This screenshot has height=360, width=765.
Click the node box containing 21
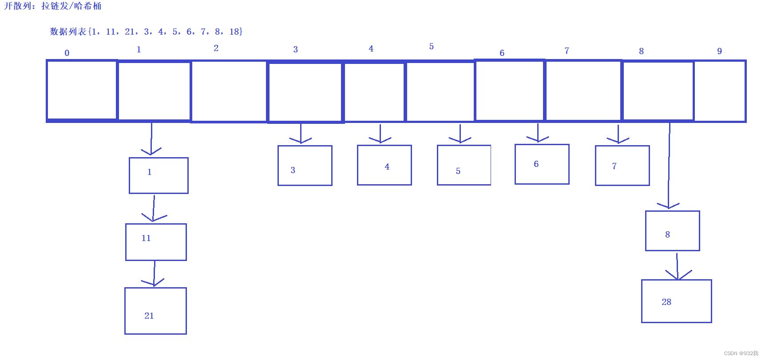[155, 311]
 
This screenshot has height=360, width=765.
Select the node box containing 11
[156, 242]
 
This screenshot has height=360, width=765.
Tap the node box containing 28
[676, 301]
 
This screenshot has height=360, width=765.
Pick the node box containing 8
[672, 231]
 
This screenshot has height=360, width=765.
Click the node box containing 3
[305, 166]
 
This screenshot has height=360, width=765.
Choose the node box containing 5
[464, 165]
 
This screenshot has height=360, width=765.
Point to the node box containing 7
[622, 166]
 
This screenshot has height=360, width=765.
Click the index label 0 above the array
[67, 53]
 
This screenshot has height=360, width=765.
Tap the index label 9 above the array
[719, 51]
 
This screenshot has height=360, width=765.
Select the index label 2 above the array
[216, 48]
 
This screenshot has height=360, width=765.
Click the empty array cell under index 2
[229, 91]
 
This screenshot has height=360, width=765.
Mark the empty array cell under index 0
[82, 90]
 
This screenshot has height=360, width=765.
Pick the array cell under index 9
[720, 91]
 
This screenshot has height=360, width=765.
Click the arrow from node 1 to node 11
[154, 209]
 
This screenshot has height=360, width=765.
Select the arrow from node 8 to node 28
[677, 266]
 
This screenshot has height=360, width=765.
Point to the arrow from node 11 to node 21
[154, 274]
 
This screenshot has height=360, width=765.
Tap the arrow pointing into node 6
[538, 133]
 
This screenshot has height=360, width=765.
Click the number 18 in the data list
[234, 32]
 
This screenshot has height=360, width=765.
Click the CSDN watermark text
[741, 353]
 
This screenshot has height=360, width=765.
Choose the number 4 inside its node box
[387, 166]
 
